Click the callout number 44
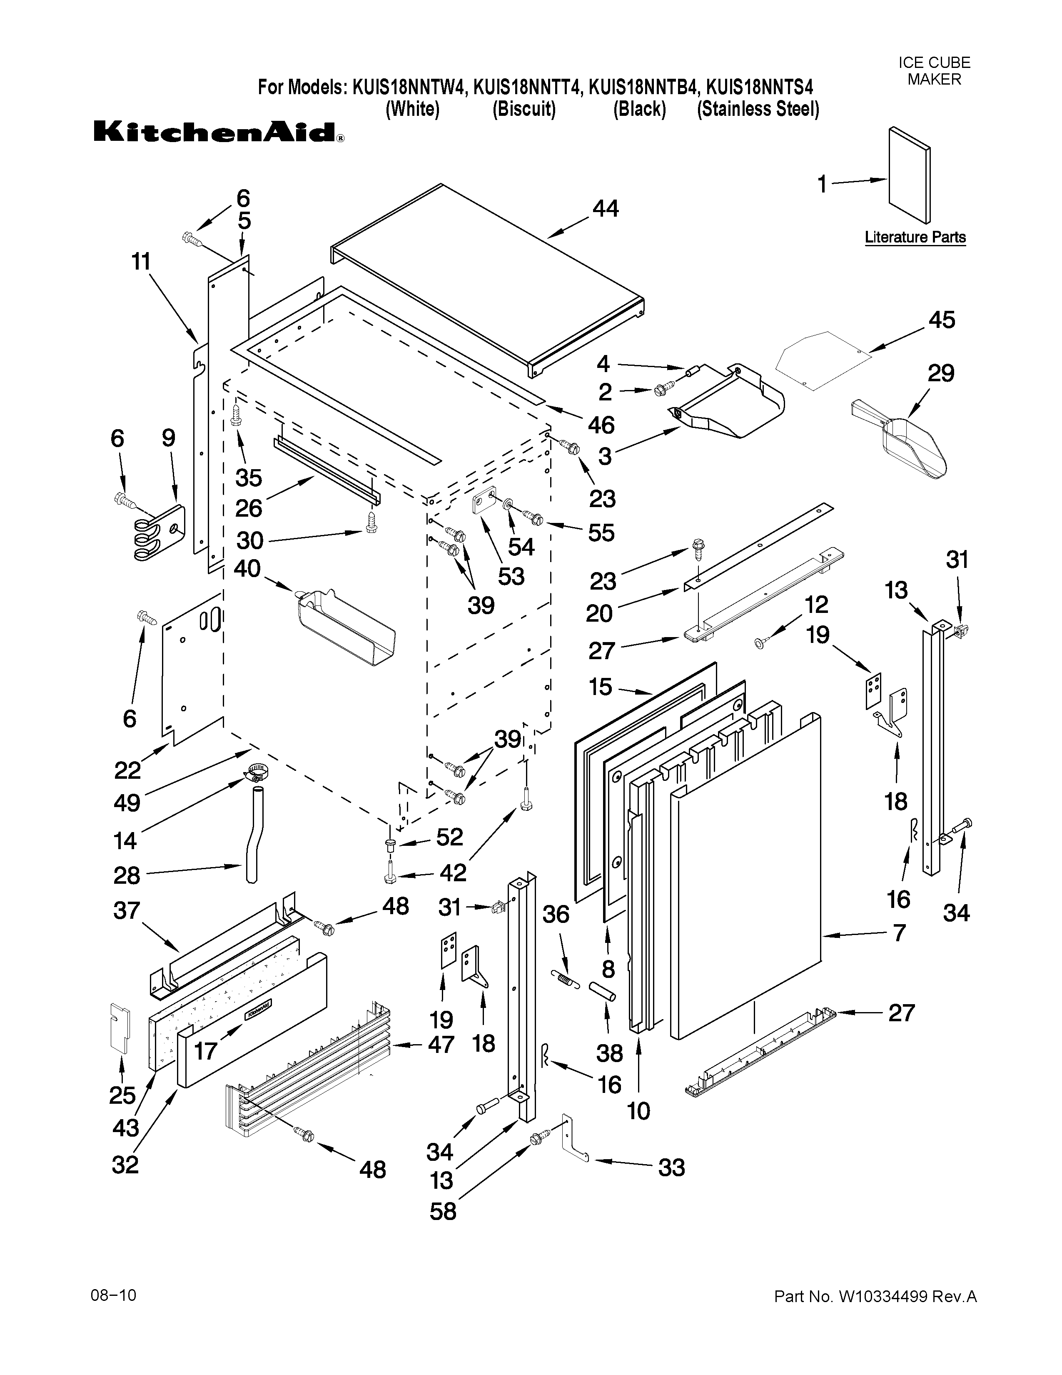[605, 208]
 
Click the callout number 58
[443, 1211]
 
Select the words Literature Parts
[915, 237]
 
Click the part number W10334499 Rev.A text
[875, 1296]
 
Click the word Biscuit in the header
[524, 109]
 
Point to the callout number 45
[941, 320]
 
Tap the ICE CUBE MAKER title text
[934, 70]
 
